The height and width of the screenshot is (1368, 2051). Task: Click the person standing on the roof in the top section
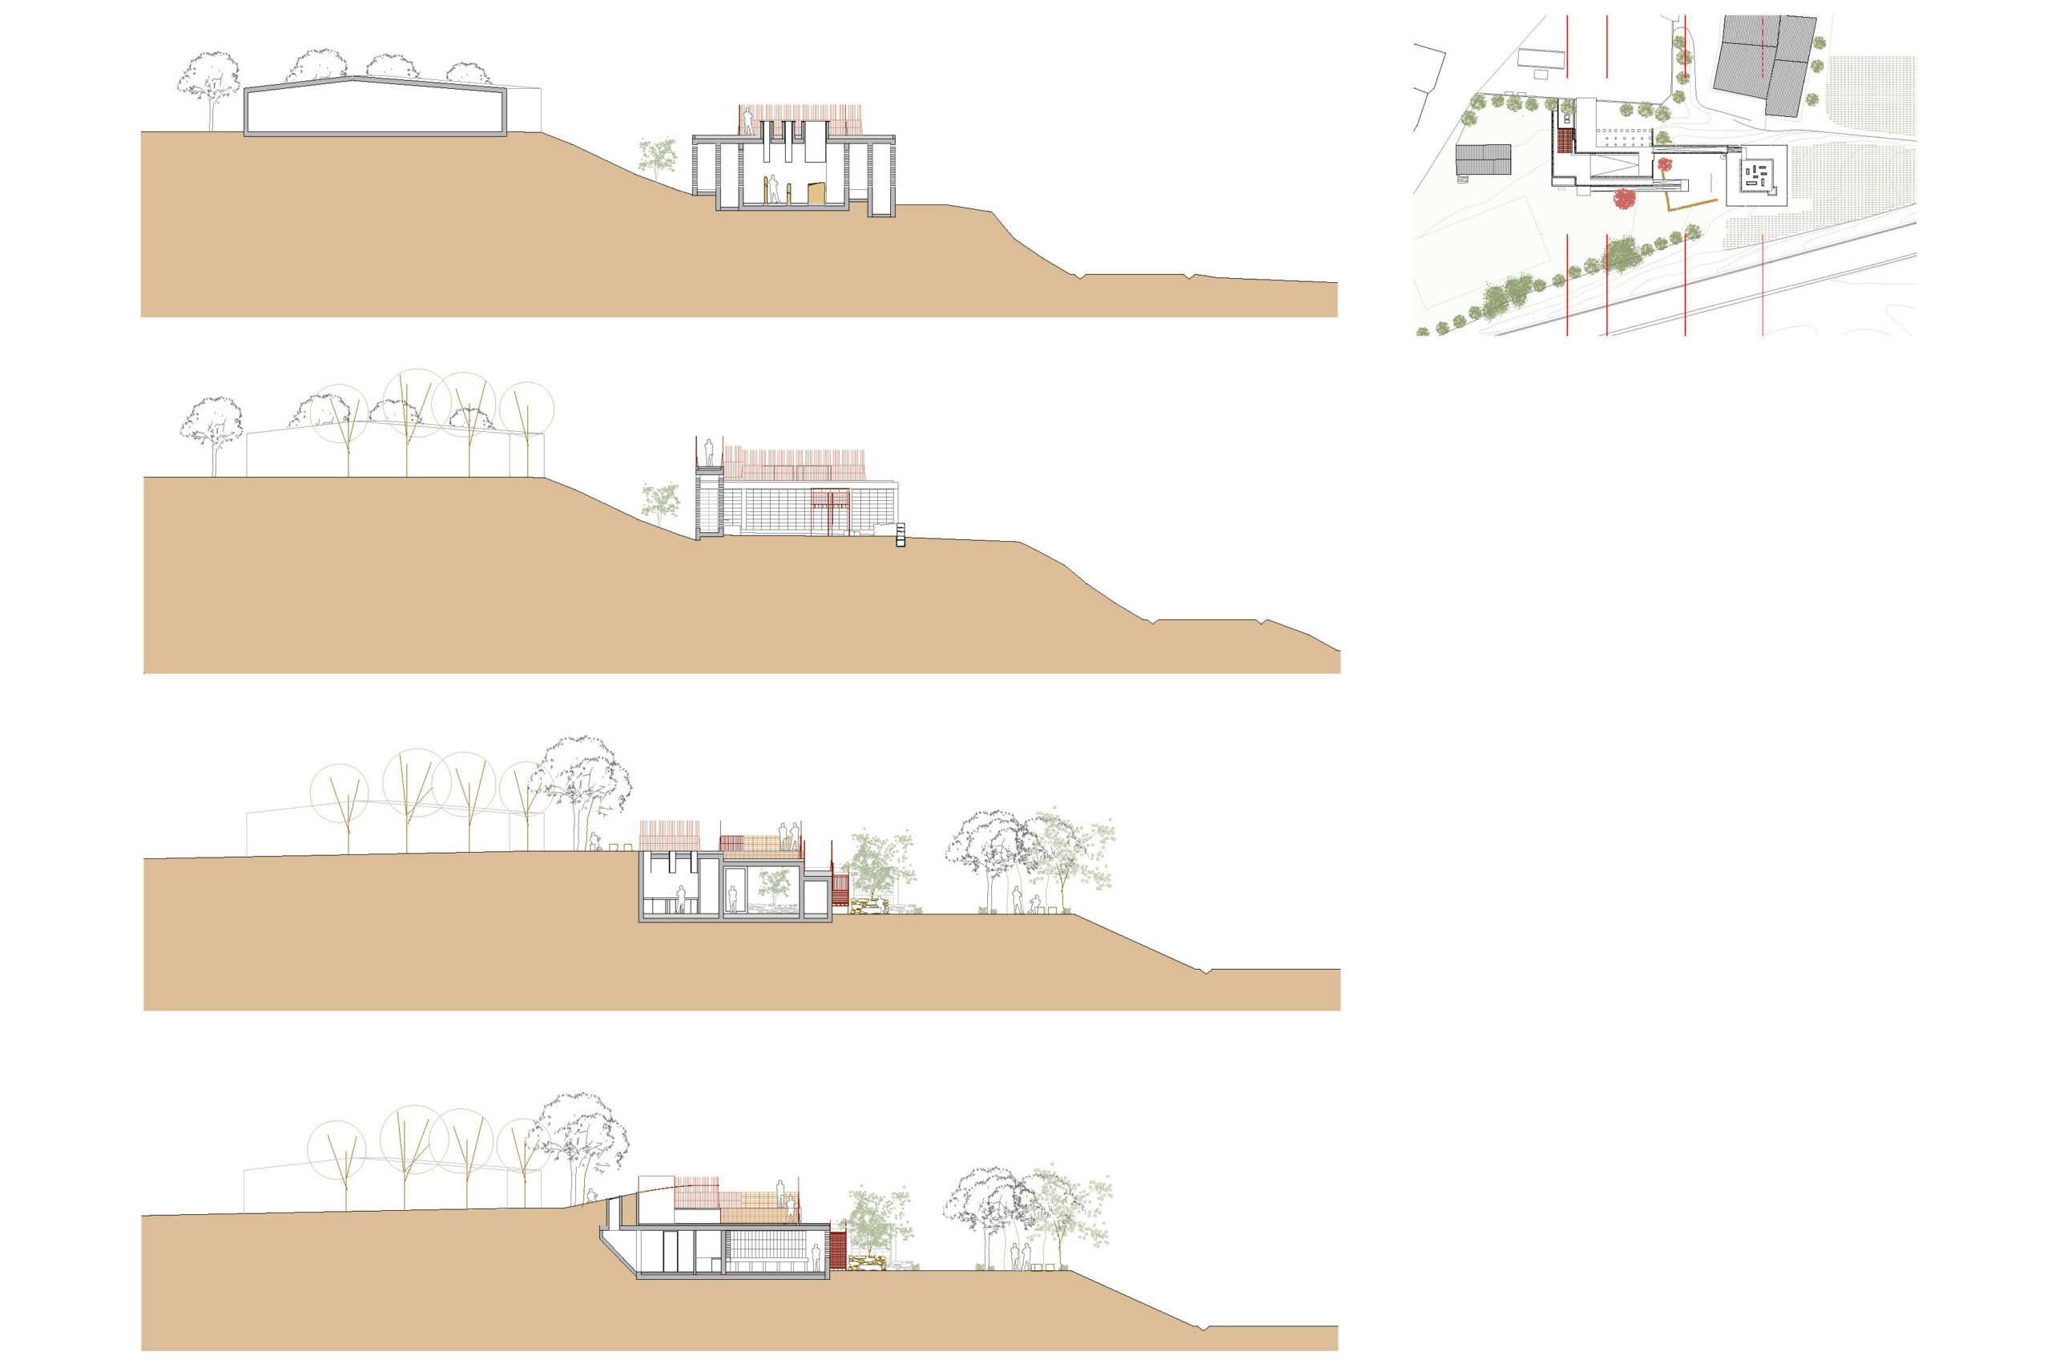coord(747,121)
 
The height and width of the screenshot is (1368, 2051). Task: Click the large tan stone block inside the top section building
coord(816,194)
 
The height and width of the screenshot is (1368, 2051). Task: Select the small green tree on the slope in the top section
coord(658,157)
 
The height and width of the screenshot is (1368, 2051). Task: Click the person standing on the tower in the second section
coord(709,452)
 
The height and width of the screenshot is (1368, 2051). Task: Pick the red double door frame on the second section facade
coord(830,511)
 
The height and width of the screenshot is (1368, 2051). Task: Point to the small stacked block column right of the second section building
coord(901,535)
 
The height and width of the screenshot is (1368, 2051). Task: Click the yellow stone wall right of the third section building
coord(868,907)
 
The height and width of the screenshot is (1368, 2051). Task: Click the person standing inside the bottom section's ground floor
coord(816,1257)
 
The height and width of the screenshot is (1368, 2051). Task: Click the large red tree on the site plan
coord(1624,199)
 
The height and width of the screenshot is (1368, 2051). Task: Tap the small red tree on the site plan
coord(1665,164)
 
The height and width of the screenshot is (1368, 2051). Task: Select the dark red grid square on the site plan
coord(1565,140)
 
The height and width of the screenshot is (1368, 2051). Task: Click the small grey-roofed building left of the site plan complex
coord(1482,159)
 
